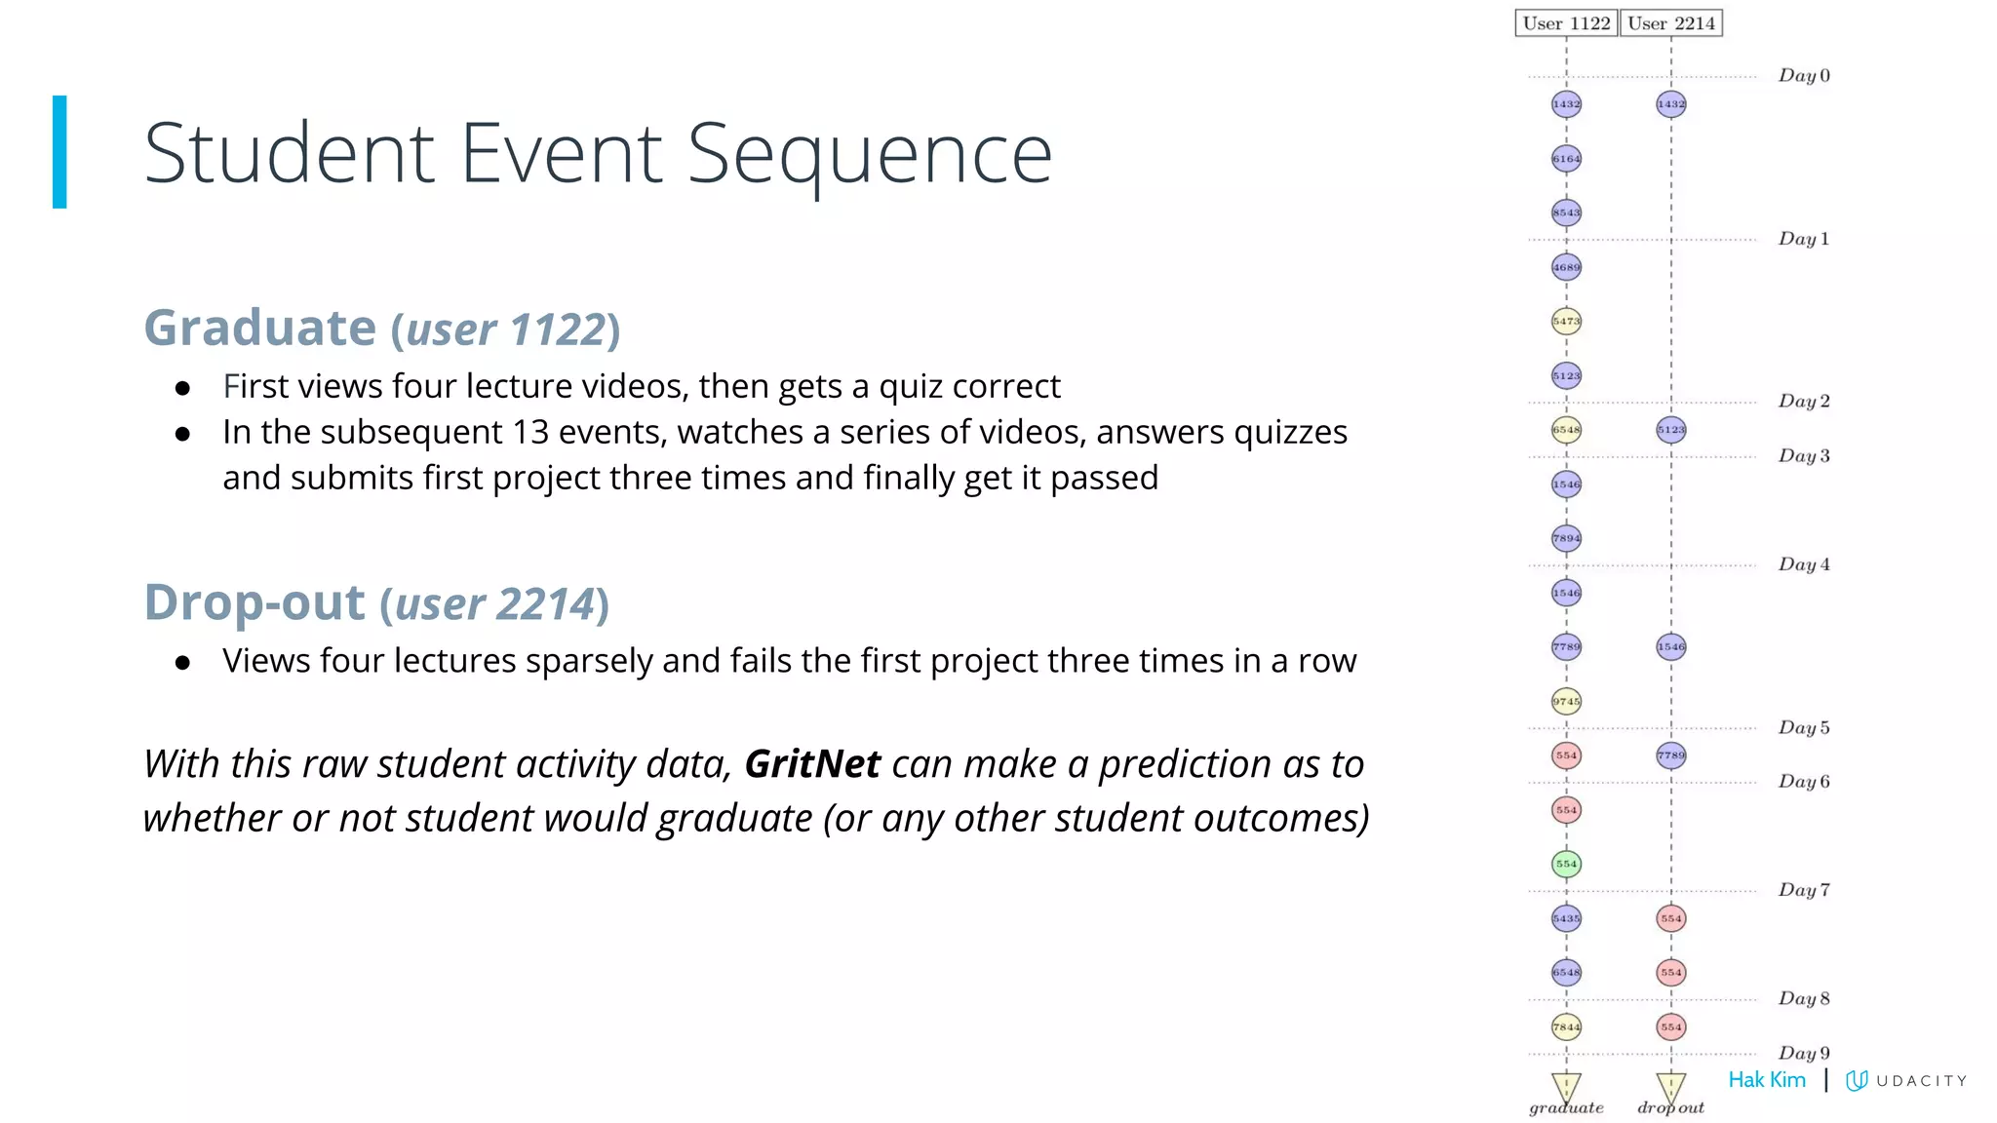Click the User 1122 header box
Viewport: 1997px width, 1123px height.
pos(1566,23)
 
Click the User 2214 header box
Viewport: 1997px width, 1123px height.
pos(1670,23)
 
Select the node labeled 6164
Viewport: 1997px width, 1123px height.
pos(1566,159)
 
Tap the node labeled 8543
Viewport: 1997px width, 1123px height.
pos(1566,213)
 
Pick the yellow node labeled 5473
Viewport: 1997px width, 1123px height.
pos(1566,321)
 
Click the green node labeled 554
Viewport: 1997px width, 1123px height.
pos(1566,864)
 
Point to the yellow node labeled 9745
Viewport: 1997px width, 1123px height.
pos(1566,701)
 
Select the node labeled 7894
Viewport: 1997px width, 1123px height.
pos(1566,538)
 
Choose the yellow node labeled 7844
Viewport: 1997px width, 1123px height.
pos(1566,1026)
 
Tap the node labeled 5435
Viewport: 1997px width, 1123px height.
pos(1566,918)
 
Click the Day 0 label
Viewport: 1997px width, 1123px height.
pos(1804,76)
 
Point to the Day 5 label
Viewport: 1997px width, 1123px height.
pos(1804,728)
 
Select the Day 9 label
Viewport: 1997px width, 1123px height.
pos(1804,1054)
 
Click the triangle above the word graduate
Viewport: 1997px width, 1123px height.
pos(1566,1085)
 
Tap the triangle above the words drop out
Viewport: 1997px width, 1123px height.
pos(1670,1085)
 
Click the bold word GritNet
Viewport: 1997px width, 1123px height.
pos(812,764)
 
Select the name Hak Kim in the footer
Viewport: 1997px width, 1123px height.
pos(1766,1080)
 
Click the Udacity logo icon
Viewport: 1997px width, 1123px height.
pos(1857,1080)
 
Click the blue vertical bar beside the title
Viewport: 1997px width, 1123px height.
pos(59,151)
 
